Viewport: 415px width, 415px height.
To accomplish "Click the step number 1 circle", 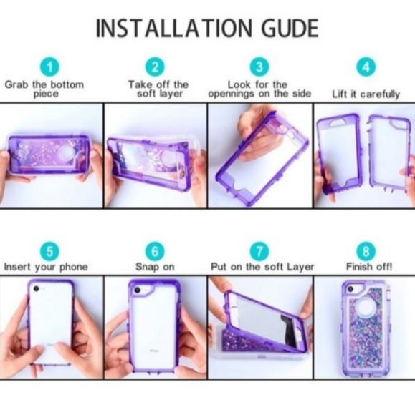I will (49, 67).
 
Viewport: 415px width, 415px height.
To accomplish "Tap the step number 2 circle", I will (156, 67).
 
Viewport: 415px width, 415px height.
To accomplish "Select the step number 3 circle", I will (259, 67).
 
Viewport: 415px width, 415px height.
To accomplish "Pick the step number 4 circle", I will (366, 67).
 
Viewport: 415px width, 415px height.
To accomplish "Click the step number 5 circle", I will (49, 251).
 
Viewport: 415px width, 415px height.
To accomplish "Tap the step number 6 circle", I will (156, 251).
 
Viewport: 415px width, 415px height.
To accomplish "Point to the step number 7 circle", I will (259, 251).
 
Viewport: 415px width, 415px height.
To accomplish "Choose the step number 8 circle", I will (366, 251).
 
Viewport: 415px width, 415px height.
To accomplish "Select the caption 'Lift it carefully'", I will (366, 94).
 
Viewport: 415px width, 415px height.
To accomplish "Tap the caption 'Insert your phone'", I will (46, 268).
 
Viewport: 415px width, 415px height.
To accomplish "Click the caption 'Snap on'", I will (156, 268).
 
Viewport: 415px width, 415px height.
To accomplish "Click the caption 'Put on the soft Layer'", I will (262, 268).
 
